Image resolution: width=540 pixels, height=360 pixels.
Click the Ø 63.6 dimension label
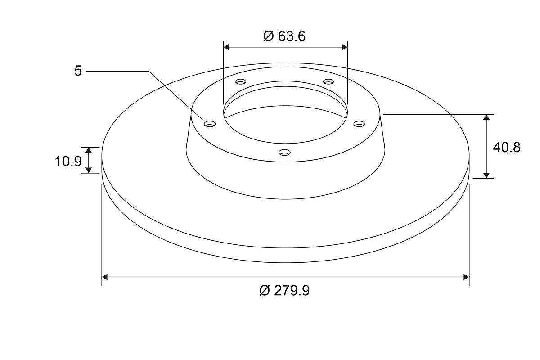click(284, 36)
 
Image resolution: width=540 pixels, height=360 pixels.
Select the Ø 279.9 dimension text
click(284, 291)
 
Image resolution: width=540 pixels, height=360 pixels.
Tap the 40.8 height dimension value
click(507, 147)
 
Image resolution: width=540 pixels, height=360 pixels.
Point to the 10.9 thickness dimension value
click(68, 161)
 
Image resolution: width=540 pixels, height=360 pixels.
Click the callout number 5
click(78, 71)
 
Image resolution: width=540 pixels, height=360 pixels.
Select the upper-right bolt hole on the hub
click(328, 82)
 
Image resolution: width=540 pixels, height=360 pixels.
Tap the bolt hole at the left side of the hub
click(210, 124)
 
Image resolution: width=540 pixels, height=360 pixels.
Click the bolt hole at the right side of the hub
click(359, 124)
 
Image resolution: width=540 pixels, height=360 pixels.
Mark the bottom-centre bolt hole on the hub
click(284, 153)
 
